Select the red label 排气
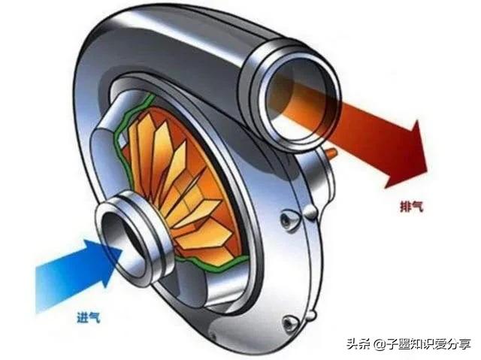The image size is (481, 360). point(412,205)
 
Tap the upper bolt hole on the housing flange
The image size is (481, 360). point(288,219)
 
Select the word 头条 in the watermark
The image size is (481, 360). point(358,343)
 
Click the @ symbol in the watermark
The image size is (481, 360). point(380,344)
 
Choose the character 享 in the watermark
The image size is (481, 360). point(464,343)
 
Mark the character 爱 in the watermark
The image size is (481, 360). point(440,343)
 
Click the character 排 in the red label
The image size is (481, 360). point(406,205)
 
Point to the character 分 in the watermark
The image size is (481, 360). point(452,343)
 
